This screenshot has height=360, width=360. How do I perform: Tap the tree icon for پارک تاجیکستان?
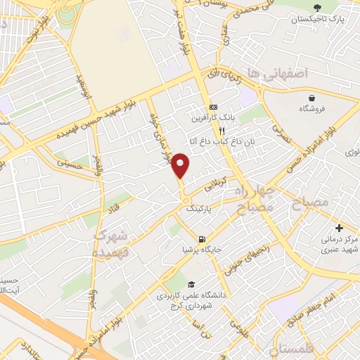click(x=318, y=7)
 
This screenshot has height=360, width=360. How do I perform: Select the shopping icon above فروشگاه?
click(x=311, y=97)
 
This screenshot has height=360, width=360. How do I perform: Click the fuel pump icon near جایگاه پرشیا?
click(x=202, y=238)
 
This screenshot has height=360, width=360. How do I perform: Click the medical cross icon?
click(x=339, y=229)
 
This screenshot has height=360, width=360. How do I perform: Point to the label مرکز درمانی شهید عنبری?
click(x=336, y=245)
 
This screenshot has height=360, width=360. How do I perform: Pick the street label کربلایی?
click(x=216, y=185)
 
